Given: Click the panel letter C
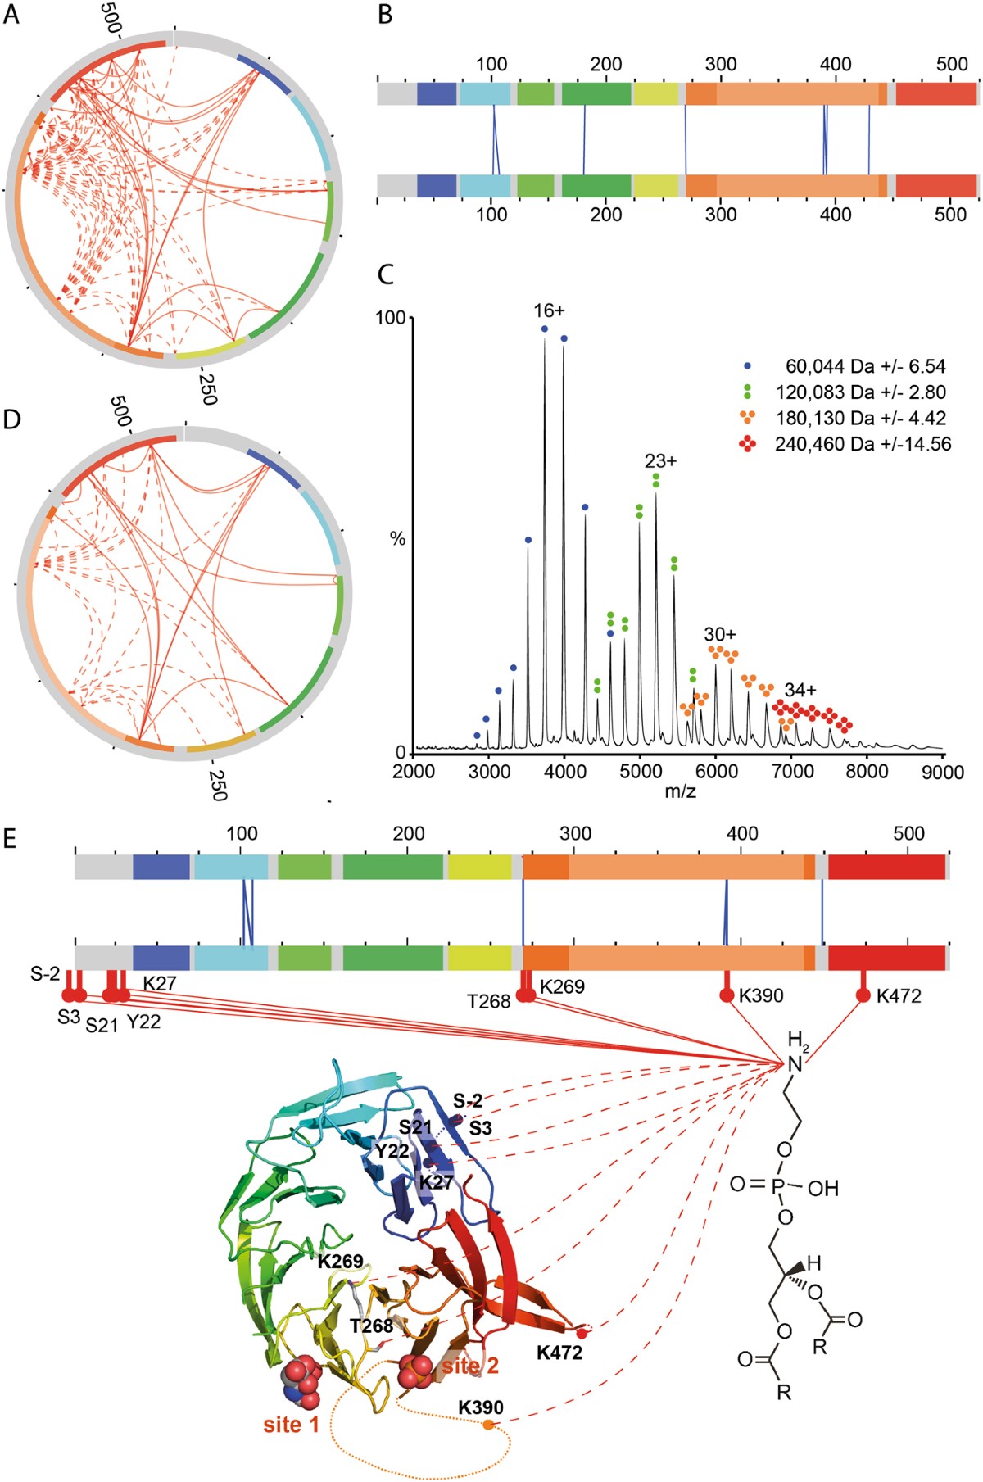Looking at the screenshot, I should (x=386, y=274).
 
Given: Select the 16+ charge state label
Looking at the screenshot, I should (x=549, y=310).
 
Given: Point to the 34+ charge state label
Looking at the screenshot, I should (x=800, y=690).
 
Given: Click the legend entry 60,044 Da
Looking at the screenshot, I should (x=864, y=366).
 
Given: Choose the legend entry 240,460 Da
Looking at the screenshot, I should (x=862, y=444).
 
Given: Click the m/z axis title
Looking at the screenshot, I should (x=680, y=791).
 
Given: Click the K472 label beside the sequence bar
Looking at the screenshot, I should (x=899, y=996).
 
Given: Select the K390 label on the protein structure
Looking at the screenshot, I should (x=481, y=1407).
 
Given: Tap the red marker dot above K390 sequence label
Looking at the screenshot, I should (x=727, y=995).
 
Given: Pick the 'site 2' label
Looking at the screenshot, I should (x=470, y=1366).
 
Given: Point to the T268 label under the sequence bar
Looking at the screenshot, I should (x=489, y=1001).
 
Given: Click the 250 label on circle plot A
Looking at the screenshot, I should (x=207, y=387).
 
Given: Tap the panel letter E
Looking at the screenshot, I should (x=11, y=841).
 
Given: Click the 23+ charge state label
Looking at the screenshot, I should (x=660, y=461).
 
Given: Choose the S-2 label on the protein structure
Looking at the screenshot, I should (x=468, y=1100).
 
